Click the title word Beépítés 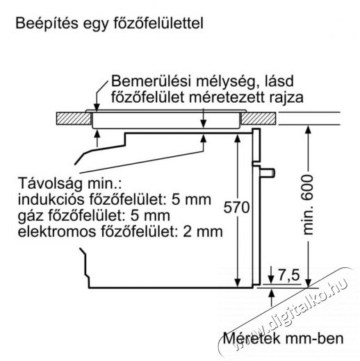(47, 24)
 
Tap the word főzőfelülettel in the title (158, 23)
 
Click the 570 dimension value (236, 207)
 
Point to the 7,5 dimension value (288, 275)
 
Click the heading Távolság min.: (69, 183)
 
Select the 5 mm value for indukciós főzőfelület (191, 199)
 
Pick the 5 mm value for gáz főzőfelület (150, 216)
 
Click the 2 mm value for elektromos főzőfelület (203, 232)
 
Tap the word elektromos (57, 232)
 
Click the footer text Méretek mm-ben (283, 338)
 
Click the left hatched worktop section (74, 119)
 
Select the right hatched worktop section (259, 119)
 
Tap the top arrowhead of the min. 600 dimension (308, 129)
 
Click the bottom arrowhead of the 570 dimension (237, 283)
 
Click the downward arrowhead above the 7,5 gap (271, 279)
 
